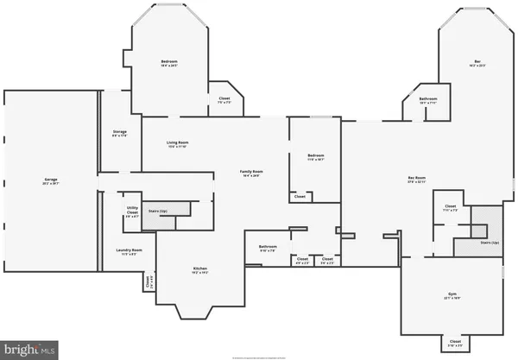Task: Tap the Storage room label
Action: click(119, 132)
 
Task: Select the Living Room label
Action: click(178, 143)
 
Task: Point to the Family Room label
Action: click(251, 173)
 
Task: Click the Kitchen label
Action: click(200, 270)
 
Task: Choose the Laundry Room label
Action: click(129, 251)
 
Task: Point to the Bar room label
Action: click(477, 63)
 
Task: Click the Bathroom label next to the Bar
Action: click(428, 100)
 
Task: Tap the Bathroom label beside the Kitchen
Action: click(268, 248)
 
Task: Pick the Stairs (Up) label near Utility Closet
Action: click(156, 210)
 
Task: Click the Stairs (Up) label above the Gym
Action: click(490, 243)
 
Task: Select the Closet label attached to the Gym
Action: click(455, 343)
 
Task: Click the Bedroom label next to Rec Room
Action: click(315, 157)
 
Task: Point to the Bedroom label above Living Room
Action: click(169, 63)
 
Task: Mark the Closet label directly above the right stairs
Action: click(450, 207)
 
